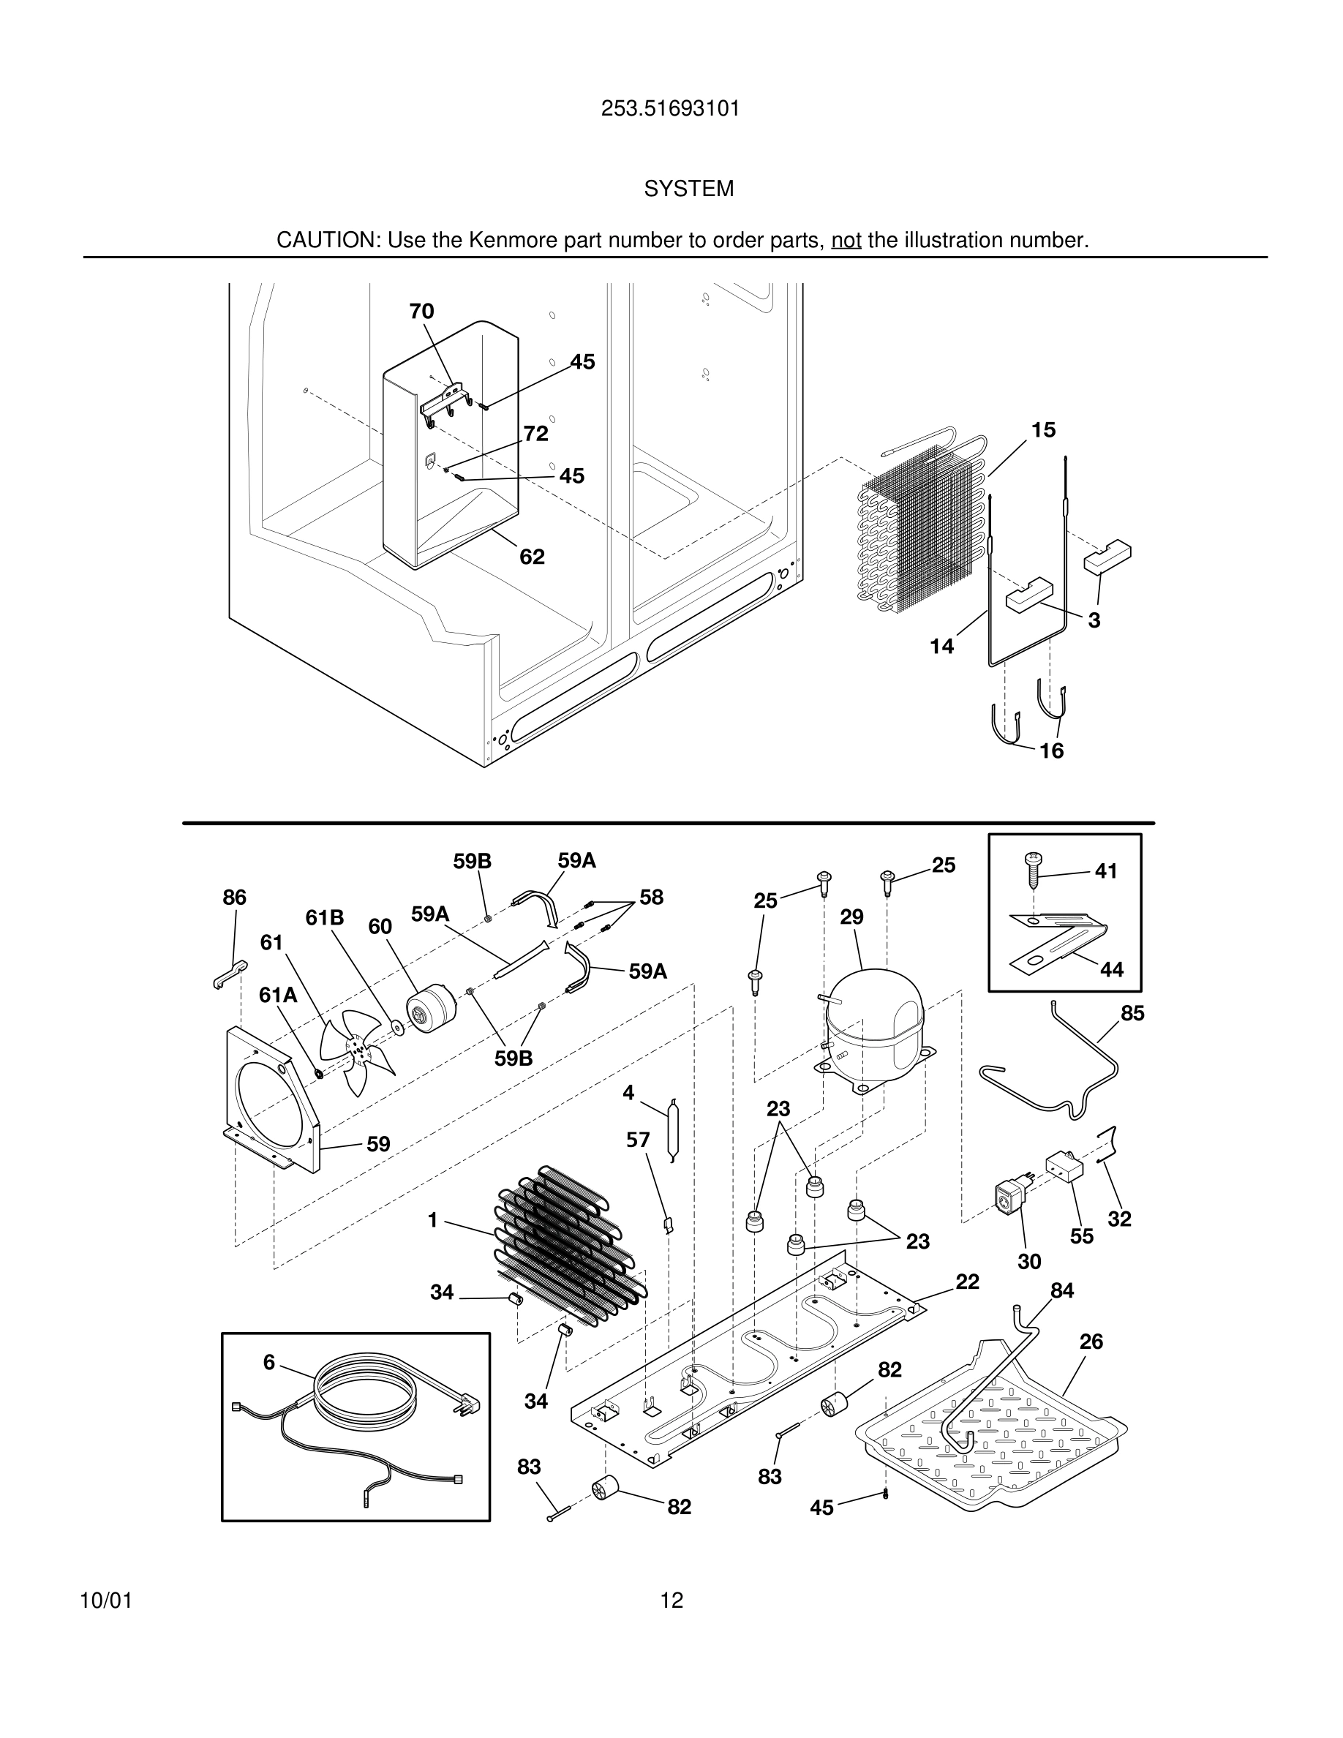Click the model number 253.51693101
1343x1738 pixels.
[x=670, y=109]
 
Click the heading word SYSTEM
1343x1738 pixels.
[x=688, y=189]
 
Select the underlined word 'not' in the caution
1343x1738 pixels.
[x=846, y=241]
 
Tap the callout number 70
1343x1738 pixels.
[x=421, y=311]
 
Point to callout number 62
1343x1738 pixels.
[x=533, y=557]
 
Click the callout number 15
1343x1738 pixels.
[x=1043, y=429]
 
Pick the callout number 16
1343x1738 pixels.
[x=1051, y=750]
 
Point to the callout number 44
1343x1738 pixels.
[x=1111, y=969]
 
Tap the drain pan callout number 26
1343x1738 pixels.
[x=1091, y=1342]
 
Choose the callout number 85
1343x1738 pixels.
[x=1132, y=1013]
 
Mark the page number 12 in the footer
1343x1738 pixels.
[x=671, y=1600]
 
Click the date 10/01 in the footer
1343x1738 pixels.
[x=106, y=1600]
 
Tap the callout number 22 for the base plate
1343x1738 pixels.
[x=967, y=1282]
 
